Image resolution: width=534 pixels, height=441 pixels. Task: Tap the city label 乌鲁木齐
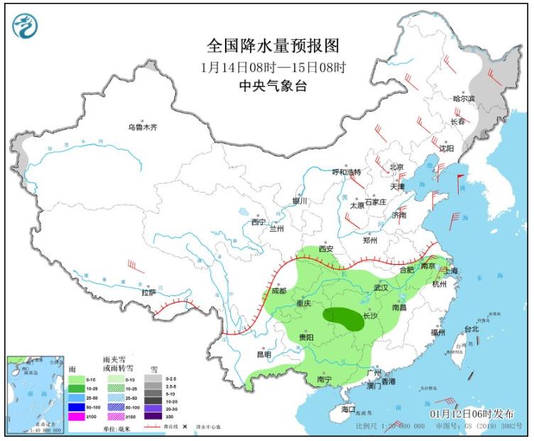click(x=142, y=127)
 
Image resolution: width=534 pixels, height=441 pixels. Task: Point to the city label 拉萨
click(x=148, y=292)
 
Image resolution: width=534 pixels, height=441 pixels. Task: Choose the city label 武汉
click(x=381, y=288)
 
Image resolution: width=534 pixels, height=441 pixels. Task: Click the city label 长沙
click(x=370, y=315)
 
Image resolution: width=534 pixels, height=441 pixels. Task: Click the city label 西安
click(x=326, y=249)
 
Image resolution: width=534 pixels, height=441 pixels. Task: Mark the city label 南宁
click(x=325, y=380)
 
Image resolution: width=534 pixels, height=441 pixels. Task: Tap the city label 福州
click(x=437, y=332)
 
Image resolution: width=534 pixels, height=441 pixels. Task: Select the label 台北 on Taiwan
click(x=472, y=329)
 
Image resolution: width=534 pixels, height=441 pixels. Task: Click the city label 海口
click(x=347, y=410)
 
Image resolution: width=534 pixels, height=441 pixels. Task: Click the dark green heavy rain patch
click(x=343, y=318)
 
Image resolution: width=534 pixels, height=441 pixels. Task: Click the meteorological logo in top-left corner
click(x=26, y=26)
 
